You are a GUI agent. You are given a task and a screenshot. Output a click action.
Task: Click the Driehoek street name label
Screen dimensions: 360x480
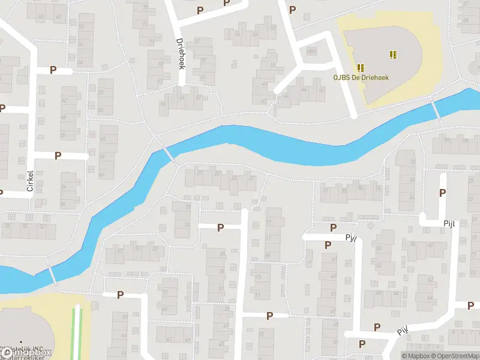[x=180, y=54]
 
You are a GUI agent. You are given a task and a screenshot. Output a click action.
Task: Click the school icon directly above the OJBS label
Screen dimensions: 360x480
[x=361, y=68]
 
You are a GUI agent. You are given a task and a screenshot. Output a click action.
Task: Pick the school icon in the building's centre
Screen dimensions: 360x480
[x=393, y=55]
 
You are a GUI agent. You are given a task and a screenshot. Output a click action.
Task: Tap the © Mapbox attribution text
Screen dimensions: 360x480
[x=416, y=356]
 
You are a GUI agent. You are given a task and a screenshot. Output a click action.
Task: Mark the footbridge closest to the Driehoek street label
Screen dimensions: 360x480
[x=168, y=153]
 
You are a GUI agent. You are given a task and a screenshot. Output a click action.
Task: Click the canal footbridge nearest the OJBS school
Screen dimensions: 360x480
[x=437, y=110]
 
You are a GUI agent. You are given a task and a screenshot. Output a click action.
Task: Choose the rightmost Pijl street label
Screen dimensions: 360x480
[x=450, y=224]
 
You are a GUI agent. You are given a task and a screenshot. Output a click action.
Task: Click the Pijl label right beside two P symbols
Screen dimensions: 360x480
[x=351, y=238]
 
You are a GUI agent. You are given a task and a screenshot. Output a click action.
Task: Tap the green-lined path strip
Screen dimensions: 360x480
[x=77, y=333]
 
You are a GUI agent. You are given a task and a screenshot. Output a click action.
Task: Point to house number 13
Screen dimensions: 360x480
[x=259, y=278]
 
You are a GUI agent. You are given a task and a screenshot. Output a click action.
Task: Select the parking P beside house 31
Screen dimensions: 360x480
[x=220, y=227]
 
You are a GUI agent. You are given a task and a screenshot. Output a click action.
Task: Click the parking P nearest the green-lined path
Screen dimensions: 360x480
[x=120, y=295]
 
